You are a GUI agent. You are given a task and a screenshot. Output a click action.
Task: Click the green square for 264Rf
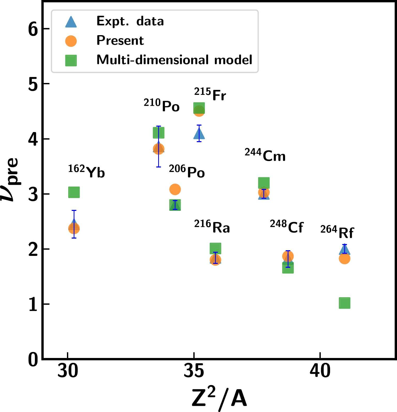pyautogui.click(x=345, y=303)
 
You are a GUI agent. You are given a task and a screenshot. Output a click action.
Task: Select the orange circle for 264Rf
pyautogui.click(x=345, y=258)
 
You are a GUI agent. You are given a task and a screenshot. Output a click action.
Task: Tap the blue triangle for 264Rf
pyautogui.click(x=345, y=249)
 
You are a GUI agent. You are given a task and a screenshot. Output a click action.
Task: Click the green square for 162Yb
pyautogui.click(x=74, y=192)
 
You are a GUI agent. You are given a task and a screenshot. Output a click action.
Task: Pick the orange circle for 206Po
pyautogui.click(x=175, y=189)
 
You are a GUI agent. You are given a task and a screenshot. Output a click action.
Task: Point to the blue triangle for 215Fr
pyautogui.click(x=199, y=134)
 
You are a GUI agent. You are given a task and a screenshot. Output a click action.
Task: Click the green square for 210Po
pyautogui.click(x=159, y=133)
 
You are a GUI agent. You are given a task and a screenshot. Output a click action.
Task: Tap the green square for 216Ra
pyautogui.click(x=215, y=248)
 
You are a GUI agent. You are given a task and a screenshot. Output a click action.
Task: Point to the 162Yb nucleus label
pyautogui.click(x=86, y=171)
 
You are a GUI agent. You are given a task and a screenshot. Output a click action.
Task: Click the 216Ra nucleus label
pyautogui.click(x=212, y=227)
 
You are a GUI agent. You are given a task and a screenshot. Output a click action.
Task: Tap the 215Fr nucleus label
pyautogui.click(x=210, y=94)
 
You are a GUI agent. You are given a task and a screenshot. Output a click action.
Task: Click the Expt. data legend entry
pyautogui.click(x=130, y=21)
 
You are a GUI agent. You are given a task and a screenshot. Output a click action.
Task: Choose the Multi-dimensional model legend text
pyautogui.click(x=174, y=60)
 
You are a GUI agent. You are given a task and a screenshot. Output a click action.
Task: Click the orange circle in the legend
pyautogui.click(x=71, y=41)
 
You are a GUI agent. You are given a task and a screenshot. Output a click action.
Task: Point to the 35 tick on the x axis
pyautogui.click(x=194, y=371)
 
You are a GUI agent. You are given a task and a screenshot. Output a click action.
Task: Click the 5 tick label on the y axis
pyautogui.click(x=33, y=84)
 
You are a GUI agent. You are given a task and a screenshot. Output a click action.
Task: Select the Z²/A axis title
pyautogui.click(x=219, y=398)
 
